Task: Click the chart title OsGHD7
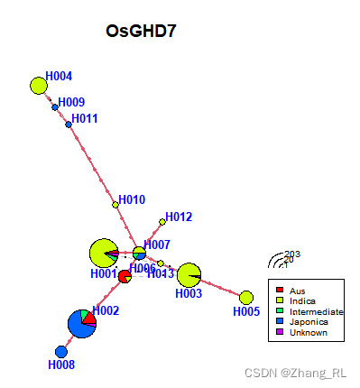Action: pyautogui.click(x=140, y=32)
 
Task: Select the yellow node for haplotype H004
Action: pyautogui.click(x=38, y=86)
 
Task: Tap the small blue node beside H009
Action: pyautogui.click(x=55, y=107)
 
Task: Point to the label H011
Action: pyautogui.click(x=85, y=118)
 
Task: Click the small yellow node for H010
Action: pyautogui.click(x=115, y=205)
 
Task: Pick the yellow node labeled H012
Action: pyautogui.click(x=162, y=221)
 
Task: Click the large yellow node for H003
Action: pyautogui.click(x=189, y=274)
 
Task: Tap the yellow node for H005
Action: pyautogui.click(x=246, y=298)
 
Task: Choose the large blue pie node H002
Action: pyautogui.click(x=82, y=322)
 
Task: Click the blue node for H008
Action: pyautogui.click(x=61, y=351)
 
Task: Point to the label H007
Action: pyautogui.click(x=157, y=245)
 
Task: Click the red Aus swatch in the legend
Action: pyautogui.click(x=281, y=290)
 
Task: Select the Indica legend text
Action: pyautogui.click(x=303, y=300)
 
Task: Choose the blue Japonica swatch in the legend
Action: pyautogui.click(x=281, y=322)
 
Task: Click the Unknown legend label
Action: pyautogui.click(x=309, y=333)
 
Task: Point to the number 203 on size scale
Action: pyautogui.click(x=291, y=254)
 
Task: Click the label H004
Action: pyautogui.click(x=60, y=76)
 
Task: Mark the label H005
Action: pyautogui.click(x=245, y=312)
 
